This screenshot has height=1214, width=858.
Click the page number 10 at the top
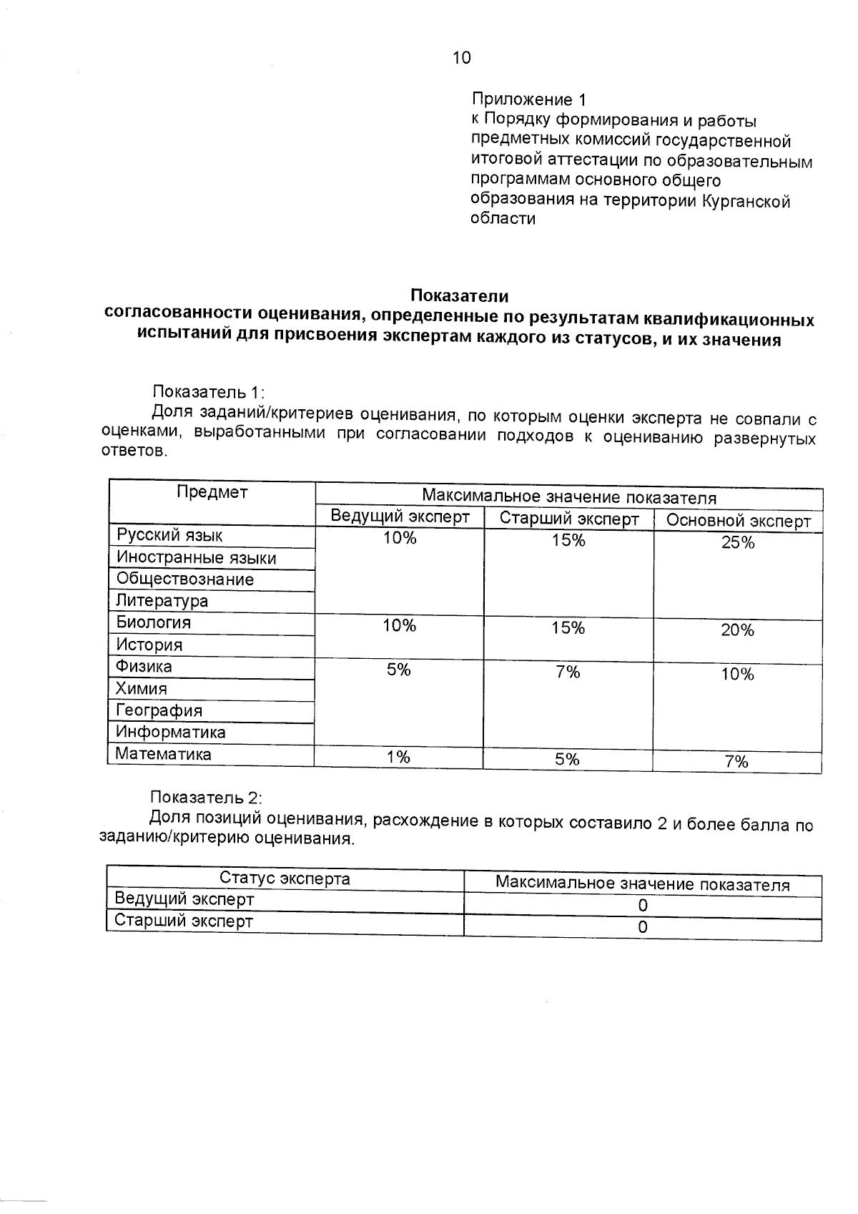pos(462,58)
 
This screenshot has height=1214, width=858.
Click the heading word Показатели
pos(459,295)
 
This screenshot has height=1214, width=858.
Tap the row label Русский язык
pos(169,535)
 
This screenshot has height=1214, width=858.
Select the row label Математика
pos(163,754)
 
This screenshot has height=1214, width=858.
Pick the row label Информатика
pos(170,732)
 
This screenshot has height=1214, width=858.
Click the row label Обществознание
pos(185,579)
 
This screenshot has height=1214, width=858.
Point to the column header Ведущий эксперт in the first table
pos(400,517)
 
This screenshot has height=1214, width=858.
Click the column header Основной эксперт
pos(738,521)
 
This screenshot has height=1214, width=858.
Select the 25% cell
pos(737,543)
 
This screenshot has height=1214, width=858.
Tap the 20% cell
pos(737,630)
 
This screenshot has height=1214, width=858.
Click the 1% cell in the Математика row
pos(398,757)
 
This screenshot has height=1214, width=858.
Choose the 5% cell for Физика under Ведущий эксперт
pos(398,670)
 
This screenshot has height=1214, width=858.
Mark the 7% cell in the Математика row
pos(736,762)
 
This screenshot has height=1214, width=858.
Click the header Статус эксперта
pos(285,878)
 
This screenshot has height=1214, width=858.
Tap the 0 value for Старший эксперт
pos(642,927)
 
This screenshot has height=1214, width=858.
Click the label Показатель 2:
pos(207,797)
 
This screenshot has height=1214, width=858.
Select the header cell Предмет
pos(212,492)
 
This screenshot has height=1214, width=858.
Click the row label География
pos(159,710)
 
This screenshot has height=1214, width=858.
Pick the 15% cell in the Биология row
pos(568,628)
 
